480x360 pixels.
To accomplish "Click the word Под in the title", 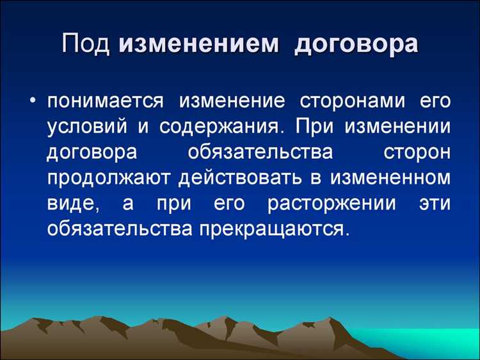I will pyautogui.click(x=88, y=46).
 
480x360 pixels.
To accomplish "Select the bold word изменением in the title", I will pyautogui.click(x=198, y=46).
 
